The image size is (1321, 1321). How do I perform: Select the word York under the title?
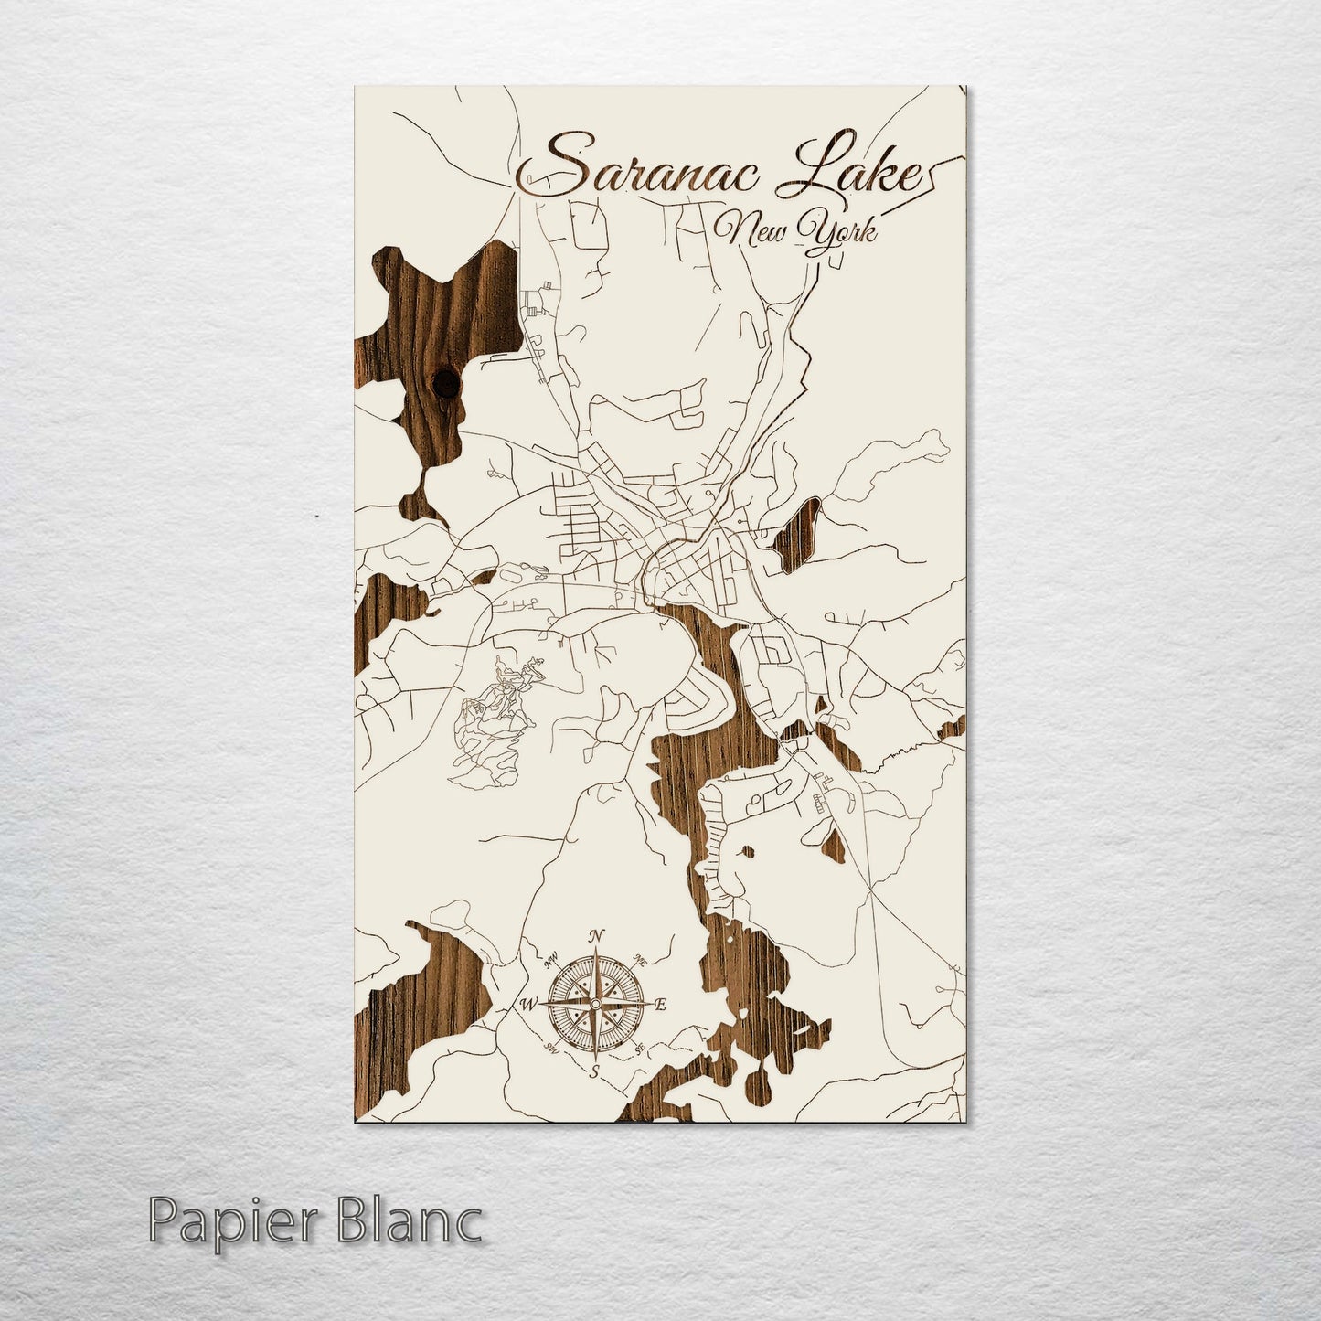point(837,232)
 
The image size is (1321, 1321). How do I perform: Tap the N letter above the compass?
point(596,935)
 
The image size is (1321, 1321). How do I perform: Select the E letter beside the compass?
point(662,1006)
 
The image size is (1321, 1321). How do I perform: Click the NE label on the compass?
point(641,962)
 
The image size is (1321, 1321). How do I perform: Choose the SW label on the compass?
point(552,1048)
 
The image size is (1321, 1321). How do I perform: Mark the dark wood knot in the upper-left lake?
point(447,383)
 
